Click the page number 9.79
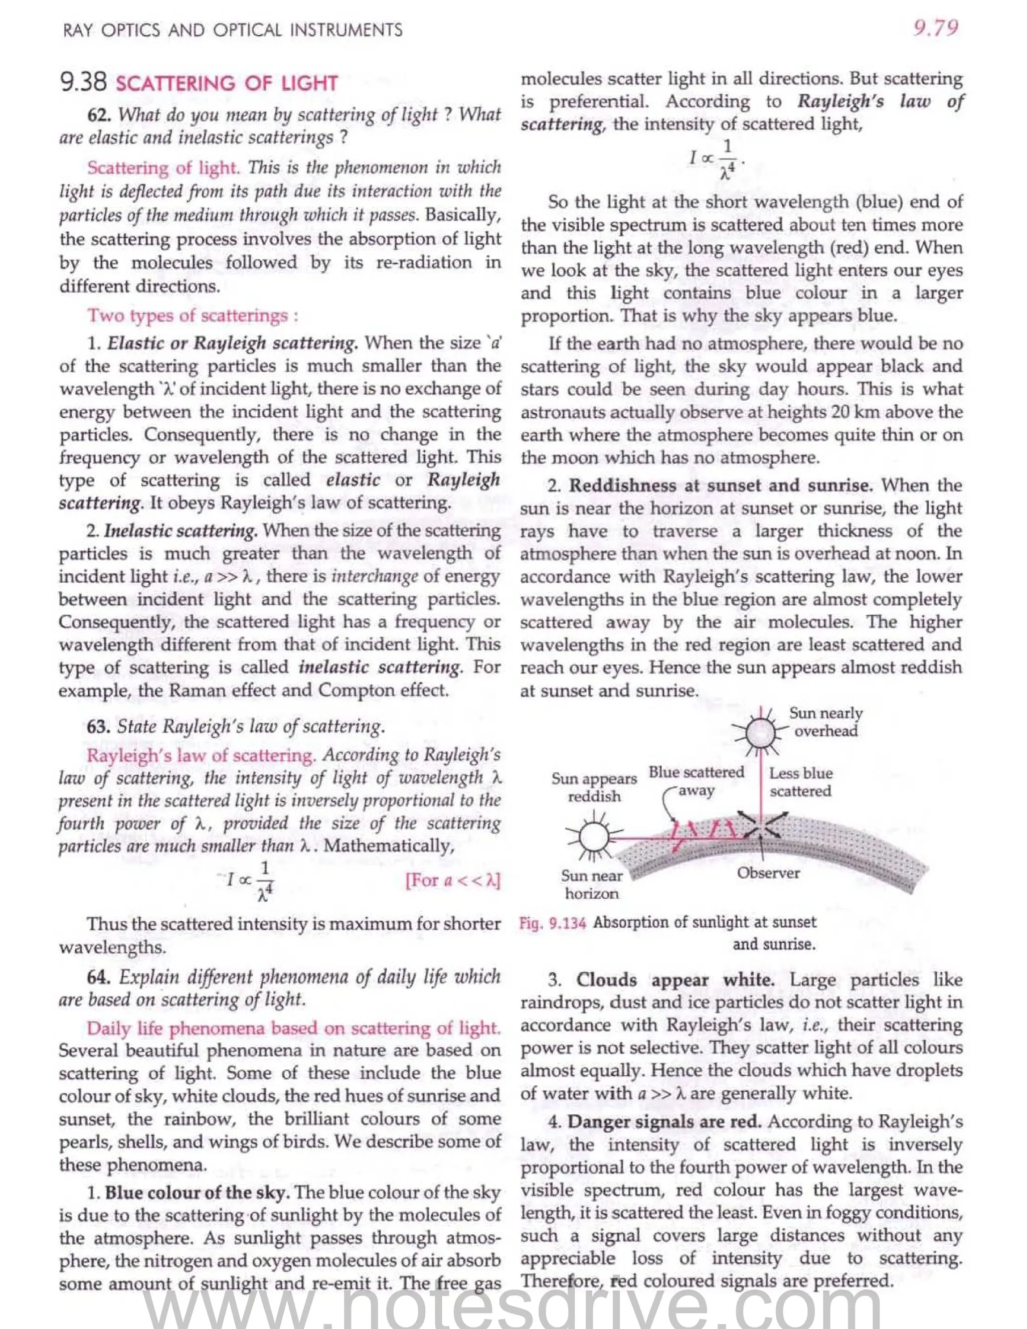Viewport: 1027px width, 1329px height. point(936,28)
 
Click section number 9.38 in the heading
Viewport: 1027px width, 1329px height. point(83,82)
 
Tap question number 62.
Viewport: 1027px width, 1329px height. point(99,114)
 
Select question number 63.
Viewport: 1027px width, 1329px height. point(99,726)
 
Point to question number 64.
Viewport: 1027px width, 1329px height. point(99,977)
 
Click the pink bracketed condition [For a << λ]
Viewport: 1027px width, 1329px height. point(453,881)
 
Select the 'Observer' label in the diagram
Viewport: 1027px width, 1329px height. point(768,873)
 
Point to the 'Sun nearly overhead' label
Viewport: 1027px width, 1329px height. point(825,722)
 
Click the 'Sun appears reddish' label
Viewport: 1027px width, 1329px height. point(594,787)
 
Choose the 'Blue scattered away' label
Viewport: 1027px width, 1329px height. point(696,781)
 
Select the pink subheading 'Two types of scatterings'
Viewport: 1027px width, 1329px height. point(192,315)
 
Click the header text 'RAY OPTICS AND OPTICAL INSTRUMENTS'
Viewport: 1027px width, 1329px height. point(232,30)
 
